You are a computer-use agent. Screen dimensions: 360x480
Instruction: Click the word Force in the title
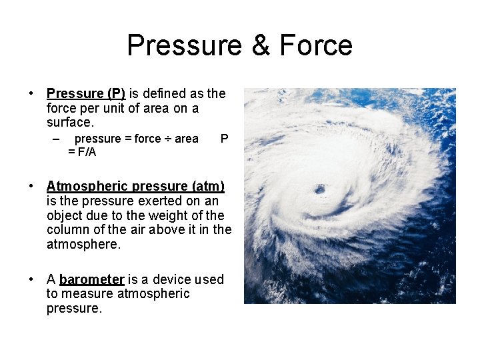point(315,46)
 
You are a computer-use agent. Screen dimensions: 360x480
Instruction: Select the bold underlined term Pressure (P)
point(85,93)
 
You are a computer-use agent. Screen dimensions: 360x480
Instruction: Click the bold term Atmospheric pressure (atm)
point(135,186)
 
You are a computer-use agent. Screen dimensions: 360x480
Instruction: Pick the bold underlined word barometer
point(91,279)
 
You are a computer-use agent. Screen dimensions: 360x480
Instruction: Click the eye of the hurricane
point(320,190)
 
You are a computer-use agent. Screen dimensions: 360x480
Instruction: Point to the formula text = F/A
point(82,152)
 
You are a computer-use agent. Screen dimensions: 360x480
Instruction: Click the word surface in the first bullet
point(69,123)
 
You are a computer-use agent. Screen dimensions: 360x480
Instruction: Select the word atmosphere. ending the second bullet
point(83,245)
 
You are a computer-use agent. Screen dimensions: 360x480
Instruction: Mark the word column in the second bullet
point(67,230)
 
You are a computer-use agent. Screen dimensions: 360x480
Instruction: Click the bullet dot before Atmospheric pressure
point(31,186)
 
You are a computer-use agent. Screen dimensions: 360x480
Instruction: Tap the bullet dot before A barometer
point(31,279)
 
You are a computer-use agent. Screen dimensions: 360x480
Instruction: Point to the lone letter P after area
point(224,139)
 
